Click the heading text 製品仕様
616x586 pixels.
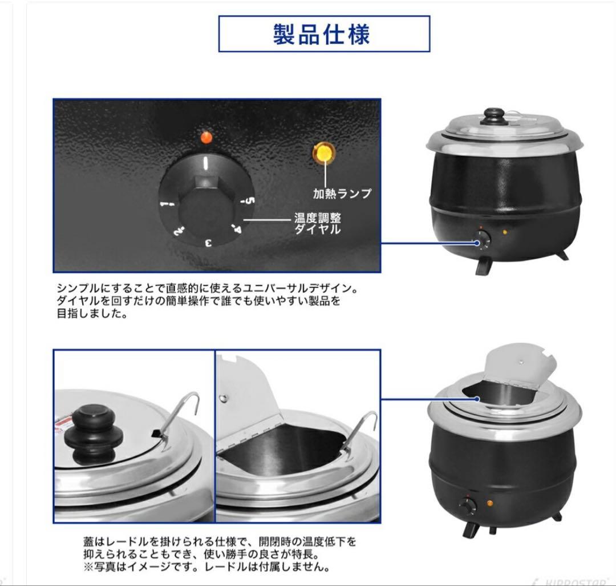point(323,34)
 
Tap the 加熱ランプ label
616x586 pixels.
point(342,194)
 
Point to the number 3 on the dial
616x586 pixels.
point(209,242)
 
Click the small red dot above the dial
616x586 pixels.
point(207,137)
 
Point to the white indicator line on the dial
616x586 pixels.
point(206,164)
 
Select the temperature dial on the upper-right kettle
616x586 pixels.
point(484,242)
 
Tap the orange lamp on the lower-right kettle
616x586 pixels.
point(489,503)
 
